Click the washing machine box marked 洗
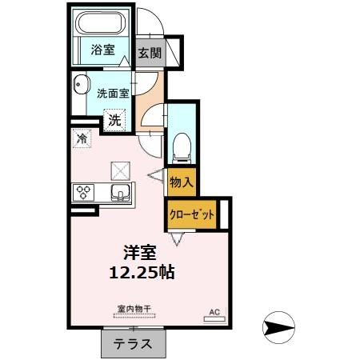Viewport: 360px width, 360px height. tap(115, 122)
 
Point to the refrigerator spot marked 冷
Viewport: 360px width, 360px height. tap(82, 138)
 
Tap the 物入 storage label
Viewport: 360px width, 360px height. tap(182, 182)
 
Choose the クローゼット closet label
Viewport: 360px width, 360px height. tap(192, 214)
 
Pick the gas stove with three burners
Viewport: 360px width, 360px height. tap(84, 192)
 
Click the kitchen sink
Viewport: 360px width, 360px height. tap(120, 193)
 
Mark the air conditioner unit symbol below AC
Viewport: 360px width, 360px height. tap(214, 318)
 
